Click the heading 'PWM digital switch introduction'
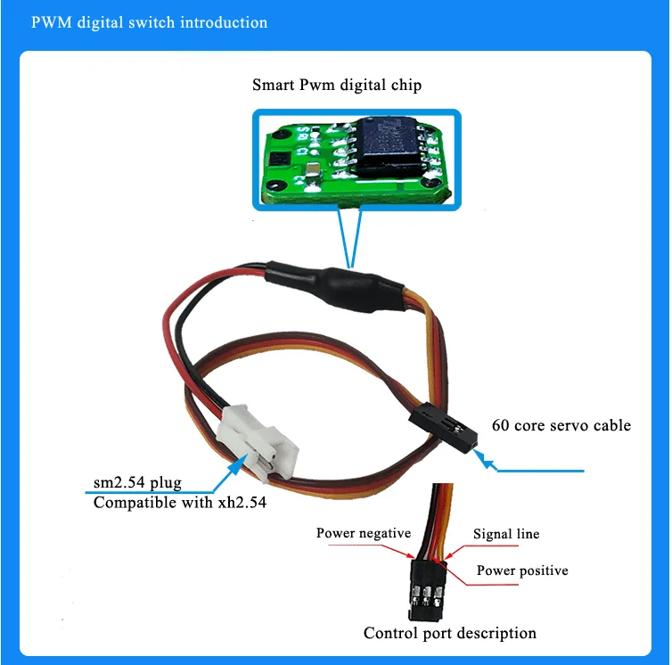pyautogui.click(x=149, y=22)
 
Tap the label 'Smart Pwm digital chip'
pyautogui.click(x=336, y=86)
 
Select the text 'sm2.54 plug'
pyautogui.click(x=137, y=483)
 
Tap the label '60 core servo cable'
pyautogui.click(x=561, y=425)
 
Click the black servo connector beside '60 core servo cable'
pyautogui.click(x=443, y=427)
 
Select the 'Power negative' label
pyautogui.click(x=363, y=533)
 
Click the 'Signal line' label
pyautogui.click(x=505, y=534)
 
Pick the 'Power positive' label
pyautogui.click(x=521, y=571)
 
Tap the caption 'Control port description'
pyautogui.click(x=449, y=633)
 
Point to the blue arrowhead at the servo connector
pyautogui.click(x=485, y=459)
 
